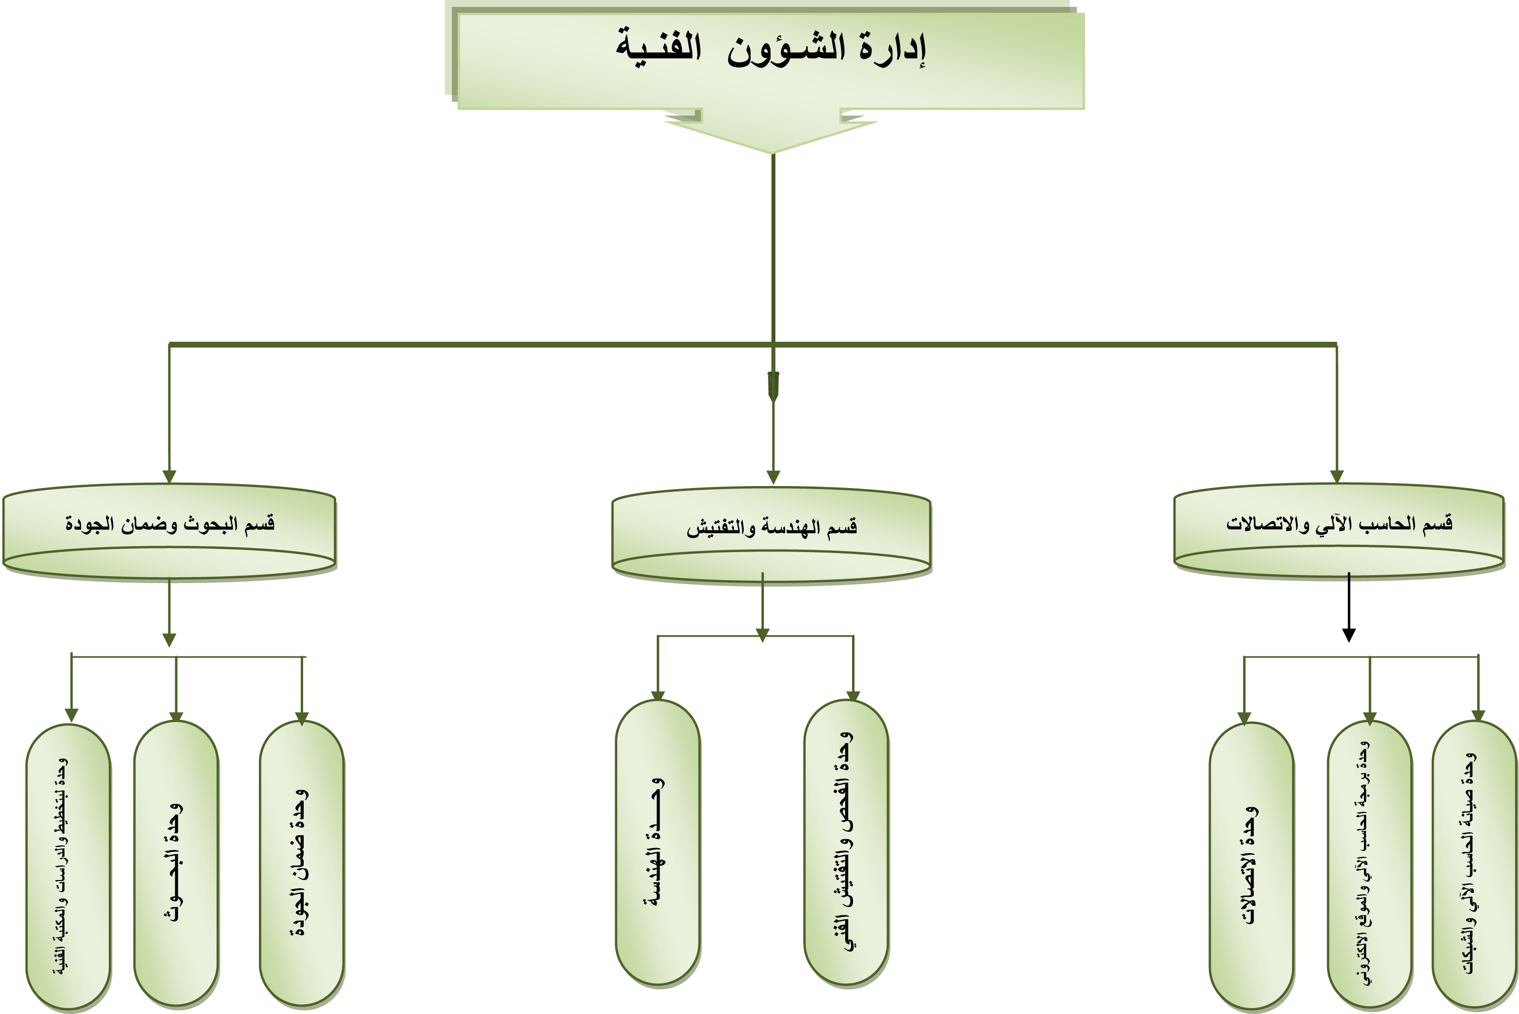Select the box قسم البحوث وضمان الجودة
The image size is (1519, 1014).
tap(169, 531)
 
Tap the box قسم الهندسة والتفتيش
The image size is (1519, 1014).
tap(771, 535)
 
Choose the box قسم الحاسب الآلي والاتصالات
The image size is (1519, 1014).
tap(1339, 531)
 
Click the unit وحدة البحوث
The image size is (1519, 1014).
tap(176, 864)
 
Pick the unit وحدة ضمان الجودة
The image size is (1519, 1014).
tap(301, 864)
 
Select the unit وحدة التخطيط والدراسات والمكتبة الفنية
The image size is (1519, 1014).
tap(68, 867)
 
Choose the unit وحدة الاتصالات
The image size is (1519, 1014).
tap(1251, 867)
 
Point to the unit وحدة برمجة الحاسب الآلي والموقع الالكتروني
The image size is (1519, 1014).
tap(1370, 865)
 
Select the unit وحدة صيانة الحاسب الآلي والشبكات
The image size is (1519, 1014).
tap(1474, 865)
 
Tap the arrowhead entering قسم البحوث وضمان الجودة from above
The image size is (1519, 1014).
tap(169, 477)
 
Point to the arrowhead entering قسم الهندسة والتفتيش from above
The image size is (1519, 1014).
tap(773, 477)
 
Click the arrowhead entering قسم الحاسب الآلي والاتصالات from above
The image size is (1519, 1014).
tap(1337, 477)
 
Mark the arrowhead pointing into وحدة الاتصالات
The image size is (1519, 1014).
tap(1244, 719)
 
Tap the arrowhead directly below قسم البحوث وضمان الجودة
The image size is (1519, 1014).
tap(169, 640)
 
